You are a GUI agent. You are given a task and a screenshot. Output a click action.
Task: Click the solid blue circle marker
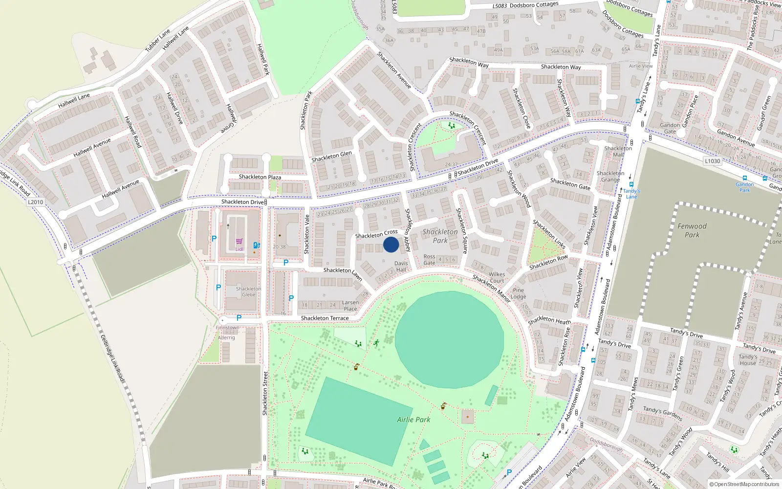[391, 244]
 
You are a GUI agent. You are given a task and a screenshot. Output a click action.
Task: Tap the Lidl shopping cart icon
[239, 241]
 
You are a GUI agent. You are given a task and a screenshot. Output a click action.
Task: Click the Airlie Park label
[413, 420]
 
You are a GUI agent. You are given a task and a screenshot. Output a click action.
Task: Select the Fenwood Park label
[692, 230]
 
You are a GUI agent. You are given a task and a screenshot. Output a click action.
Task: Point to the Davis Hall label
[401, 267]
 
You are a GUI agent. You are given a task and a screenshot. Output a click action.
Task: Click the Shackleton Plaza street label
[260, 177]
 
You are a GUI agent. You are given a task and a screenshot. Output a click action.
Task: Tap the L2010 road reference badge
[35, 202]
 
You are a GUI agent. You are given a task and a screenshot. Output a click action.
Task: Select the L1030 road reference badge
[712, 161]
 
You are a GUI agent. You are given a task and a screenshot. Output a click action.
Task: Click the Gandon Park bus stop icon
[744, 178]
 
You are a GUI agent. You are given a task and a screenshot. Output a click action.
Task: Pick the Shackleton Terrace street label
[325, 318]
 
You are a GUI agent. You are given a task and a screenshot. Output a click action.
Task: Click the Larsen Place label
[350, 306]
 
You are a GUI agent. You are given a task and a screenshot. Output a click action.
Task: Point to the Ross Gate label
[429, 260]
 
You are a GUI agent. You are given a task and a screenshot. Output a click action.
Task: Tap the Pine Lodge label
[518, 293]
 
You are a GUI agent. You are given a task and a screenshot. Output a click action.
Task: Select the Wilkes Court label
[497, 277]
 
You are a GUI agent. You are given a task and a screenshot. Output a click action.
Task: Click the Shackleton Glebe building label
[248, 291]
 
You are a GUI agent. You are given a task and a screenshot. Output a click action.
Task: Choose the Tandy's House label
[747, 360]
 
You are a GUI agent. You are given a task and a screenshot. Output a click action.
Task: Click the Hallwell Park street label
[263, 59]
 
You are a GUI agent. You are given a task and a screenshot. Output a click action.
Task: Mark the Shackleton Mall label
[618, 151]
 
